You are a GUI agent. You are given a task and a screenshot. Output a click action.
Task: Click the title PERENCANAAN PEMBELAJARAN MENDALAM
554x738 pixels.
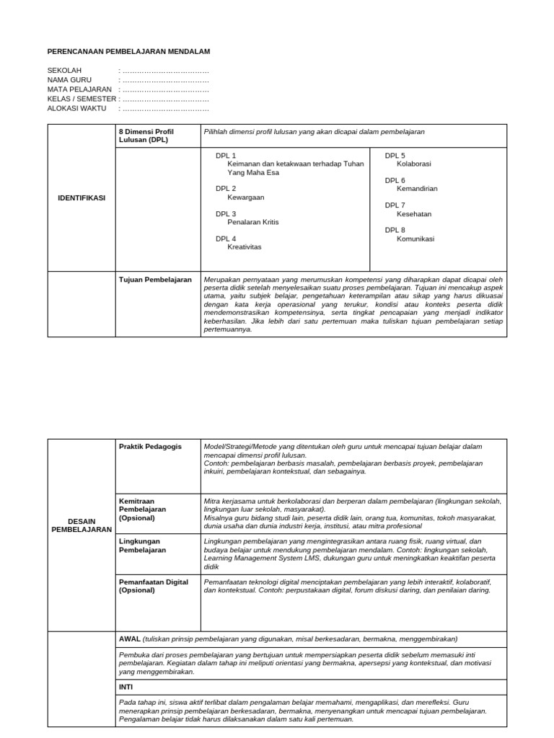tap(128, 52)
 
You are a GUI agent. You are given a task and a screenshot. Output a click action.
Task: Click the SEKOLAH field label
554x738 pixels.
tap(65, 71)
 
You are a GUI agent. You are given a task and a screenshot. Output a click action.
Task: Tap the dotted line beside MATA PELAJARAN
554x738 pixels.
tap(165, 89)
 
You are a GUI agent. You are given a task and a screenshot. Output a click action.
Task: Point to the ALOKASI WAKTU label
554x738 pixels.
tap(76, 108)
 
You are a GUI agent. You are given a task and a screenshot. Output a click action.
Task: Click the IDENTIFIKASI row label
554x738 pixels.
tap(81, 198)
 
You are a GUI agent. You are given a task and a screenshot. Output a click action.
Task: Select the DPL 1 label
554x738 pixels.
tap(226, 156)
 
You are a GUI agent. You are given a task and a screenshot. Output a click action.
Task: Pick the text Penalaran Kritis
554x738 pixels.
tap(252, 222)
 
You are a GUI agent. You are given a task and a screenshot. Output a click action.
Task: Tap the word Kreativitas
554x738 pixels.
tap(245, 246)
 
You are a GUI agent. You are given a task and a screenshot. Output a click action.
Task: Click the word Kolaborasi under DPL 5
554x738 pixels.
tap(414, 164)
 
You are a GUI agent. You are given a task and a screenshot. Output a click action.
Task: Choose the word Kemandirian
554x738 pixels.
tap(417, 189)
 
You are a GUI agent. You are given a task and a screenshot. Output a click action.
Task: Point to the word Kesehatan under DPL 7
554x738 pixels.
tap(414, 214)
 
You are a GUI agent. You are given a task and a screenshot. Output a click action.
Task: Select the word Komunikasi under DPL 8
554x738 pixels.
tap(415, 239)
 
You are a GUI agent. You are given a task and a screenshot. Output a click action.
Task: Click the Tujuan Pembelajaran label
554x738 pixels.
tap(155, 279)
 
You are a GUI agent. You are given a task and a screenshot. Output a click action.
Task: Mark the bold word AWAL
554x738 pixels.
tap(130, 639)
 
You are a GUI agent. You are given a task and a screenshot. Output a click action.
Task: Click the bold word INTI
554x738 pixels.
tap(126, 687)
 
